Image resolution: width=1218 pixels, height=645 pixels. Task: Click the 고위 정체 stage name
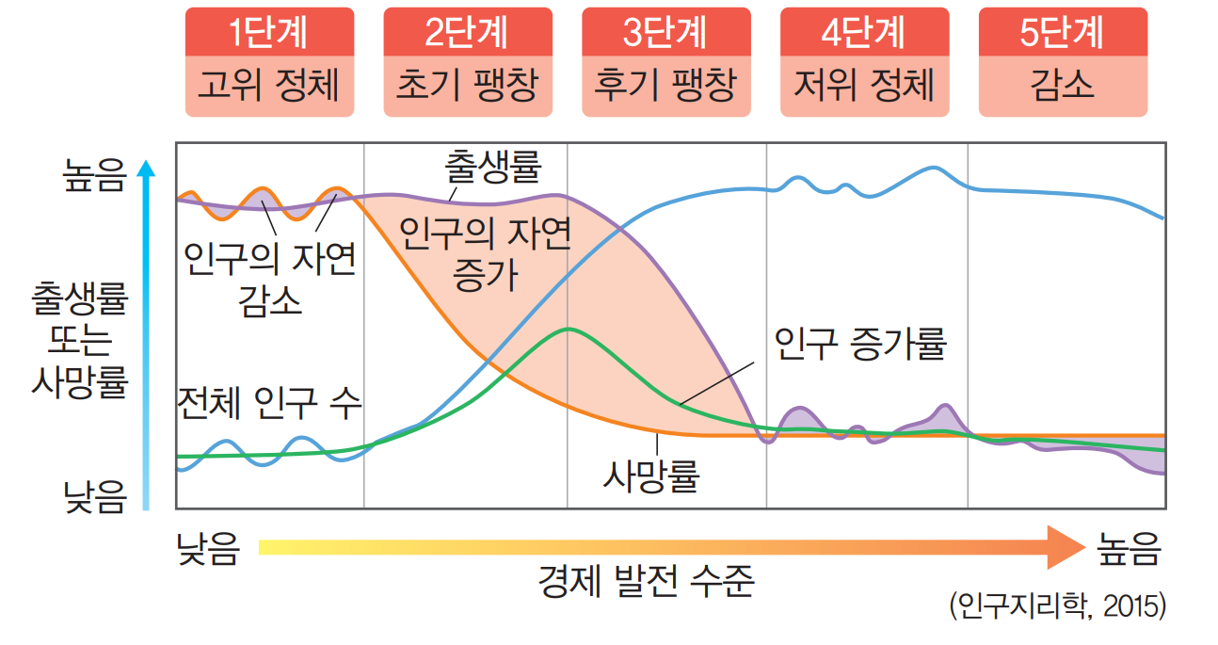coord(269,86)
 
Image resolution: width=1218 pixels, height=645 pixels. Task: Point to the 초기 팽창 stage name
coord(468,86)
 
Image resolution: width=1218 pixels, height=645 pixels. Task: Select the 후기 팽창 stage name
coord(666,86)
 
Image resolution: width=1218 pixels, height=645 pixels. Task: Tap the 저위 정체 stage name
coord(865,86)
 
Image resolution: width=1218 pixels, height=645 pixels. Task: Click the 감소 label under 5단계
coord(1063,86)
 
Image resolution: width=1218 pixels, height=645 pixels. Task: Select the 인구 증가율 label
coord(858,345)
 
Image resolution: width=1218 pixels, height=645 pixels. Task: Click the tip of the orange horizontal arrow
coord(1083,547)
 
